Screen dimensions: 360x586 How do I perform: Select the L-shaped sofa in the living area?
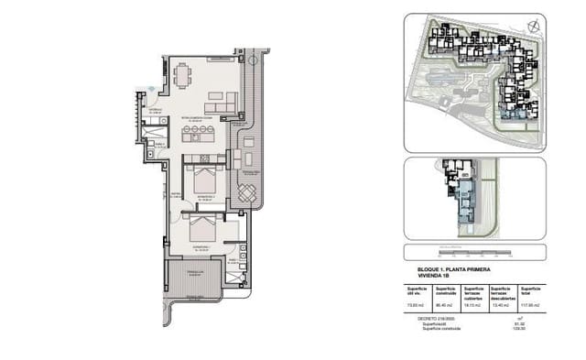[222, 100]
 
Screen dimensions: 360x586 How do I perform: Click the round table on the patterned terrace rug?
[246, 193]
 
